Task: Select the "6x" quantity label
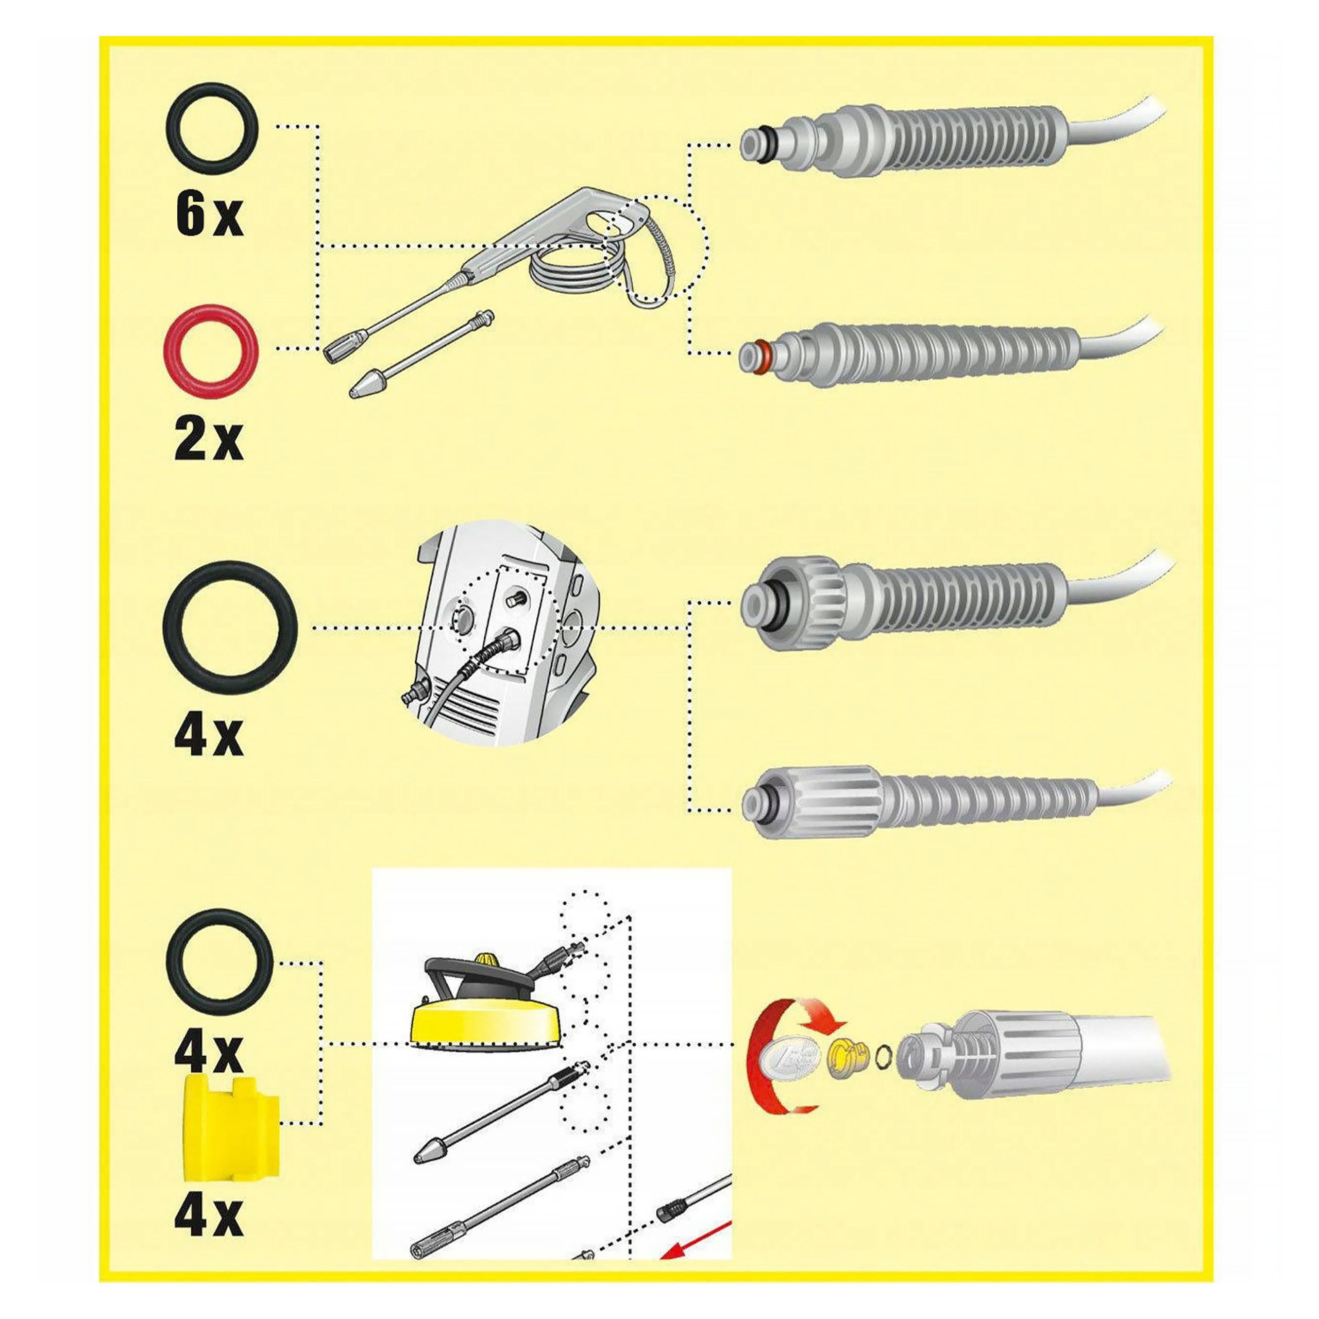coord(209,214)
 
